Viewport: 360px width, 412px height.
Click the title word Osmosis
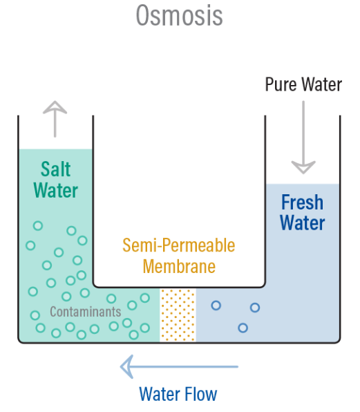[180, 15]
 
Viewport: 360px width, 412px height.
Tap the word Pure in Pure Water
[281, 84]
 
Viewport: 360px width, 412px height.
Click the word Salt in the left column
[56, 169]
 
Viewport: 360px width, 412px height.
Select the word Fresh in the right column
[302, 203]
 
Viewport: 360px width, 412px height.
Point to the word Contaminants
[86, 312]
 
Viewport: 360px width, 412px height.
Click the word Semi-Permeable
[178, 245]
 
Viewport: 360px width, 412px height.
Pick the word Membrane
[179, 266]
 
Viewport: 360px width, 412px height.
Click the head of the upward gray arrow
[55, 107]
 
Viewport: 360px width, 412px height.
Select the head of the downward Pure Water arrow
[303, 167]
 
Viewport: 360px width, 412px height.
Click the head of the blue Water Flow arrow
[126, 366]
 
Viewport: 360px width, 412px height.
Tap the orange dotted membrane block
[178, 315]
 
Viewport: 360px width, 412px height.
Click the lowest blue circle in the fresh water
[243, 328]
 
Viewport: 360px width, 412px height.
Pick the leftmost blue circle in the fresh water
[216, 306]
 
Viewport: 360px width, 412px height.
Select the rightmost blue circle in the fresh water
[255, 308]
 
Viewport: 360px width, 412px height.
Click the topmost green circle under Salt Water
[38, 226]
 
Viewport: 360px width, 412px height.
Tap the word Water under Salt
[56, 190]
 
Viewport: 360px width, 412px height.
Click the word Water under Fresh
[303, 223]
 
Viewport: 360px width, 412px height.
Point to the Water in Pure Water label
[322, 84]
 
